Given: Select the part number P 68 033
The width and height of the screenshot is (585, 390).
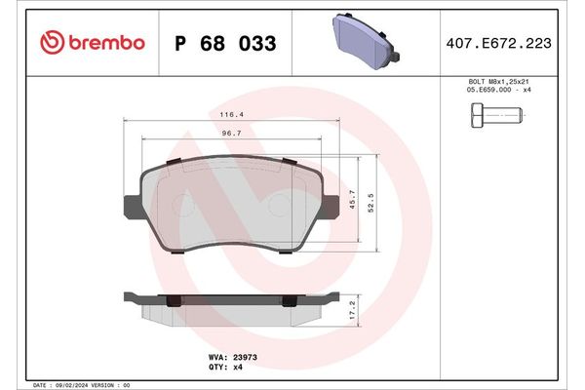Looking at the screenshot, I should click(x=224, y=44).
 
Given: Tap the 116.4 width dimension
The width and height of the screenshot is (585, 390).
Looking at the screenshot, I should click(x=231, y=114).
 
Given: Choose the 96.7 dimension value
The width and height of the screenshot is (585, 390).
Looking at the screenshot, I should click(x=231, y=133).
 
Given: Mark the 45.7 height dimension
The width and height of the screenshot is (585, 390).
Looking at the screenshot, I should click(x=353, y=200).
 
